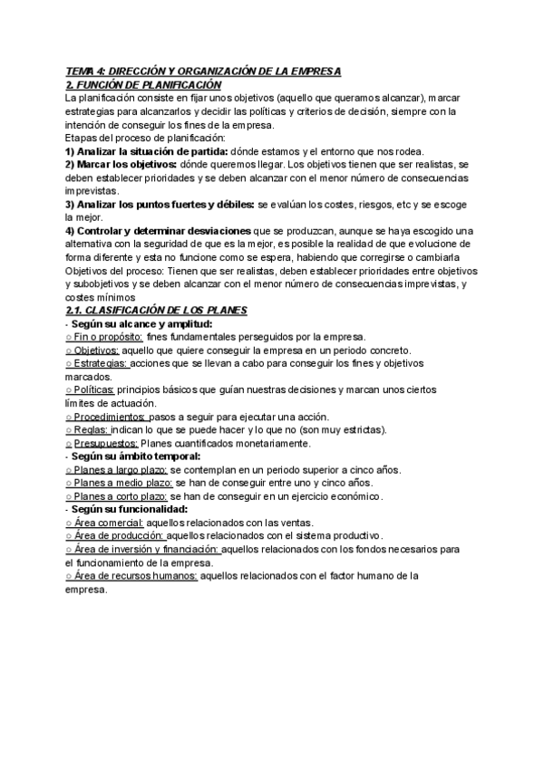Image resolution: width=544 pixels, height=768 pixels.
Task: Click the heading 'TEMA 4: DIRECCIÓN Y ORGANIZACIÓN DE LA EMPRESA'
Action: tap(203, 71)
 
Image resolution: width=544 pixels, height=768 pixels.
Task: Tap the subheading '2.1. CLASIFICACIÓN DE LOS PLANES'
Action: tap(156, 311)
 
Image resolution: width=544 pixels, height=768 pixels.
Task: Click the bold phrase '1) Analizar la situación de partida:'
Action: tap(149, 150)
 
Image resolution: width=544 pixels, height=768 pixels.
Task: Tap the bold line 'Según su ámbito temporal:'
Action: tap(134, 456)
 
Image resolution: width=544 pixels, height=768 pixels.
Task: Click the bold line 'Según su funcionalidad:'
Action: tap(129, 509)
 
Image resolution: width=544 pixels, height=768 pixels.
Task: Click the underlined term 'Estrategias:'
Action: tap(99, 363)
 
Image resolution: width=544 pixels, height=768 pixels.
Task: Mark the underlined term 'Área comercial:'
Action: tap(105, 523)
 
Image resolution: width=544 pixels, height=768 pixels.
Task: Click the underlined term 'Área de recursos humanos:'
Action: tap(131, 575)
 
